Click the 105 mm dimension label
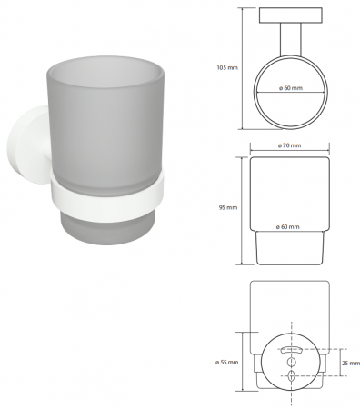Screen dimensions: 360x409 227,68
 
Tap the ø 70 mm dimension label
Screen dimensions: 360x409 289,145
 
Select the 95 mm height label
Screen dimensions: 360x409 228,208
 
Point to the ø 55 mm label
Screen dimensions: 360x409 227,363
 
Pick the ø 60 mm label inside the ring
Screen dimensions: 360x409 291,88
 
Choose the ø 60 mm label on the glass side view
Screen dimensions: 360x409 287,226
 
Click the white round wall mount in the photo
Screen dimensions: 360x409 27,145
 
